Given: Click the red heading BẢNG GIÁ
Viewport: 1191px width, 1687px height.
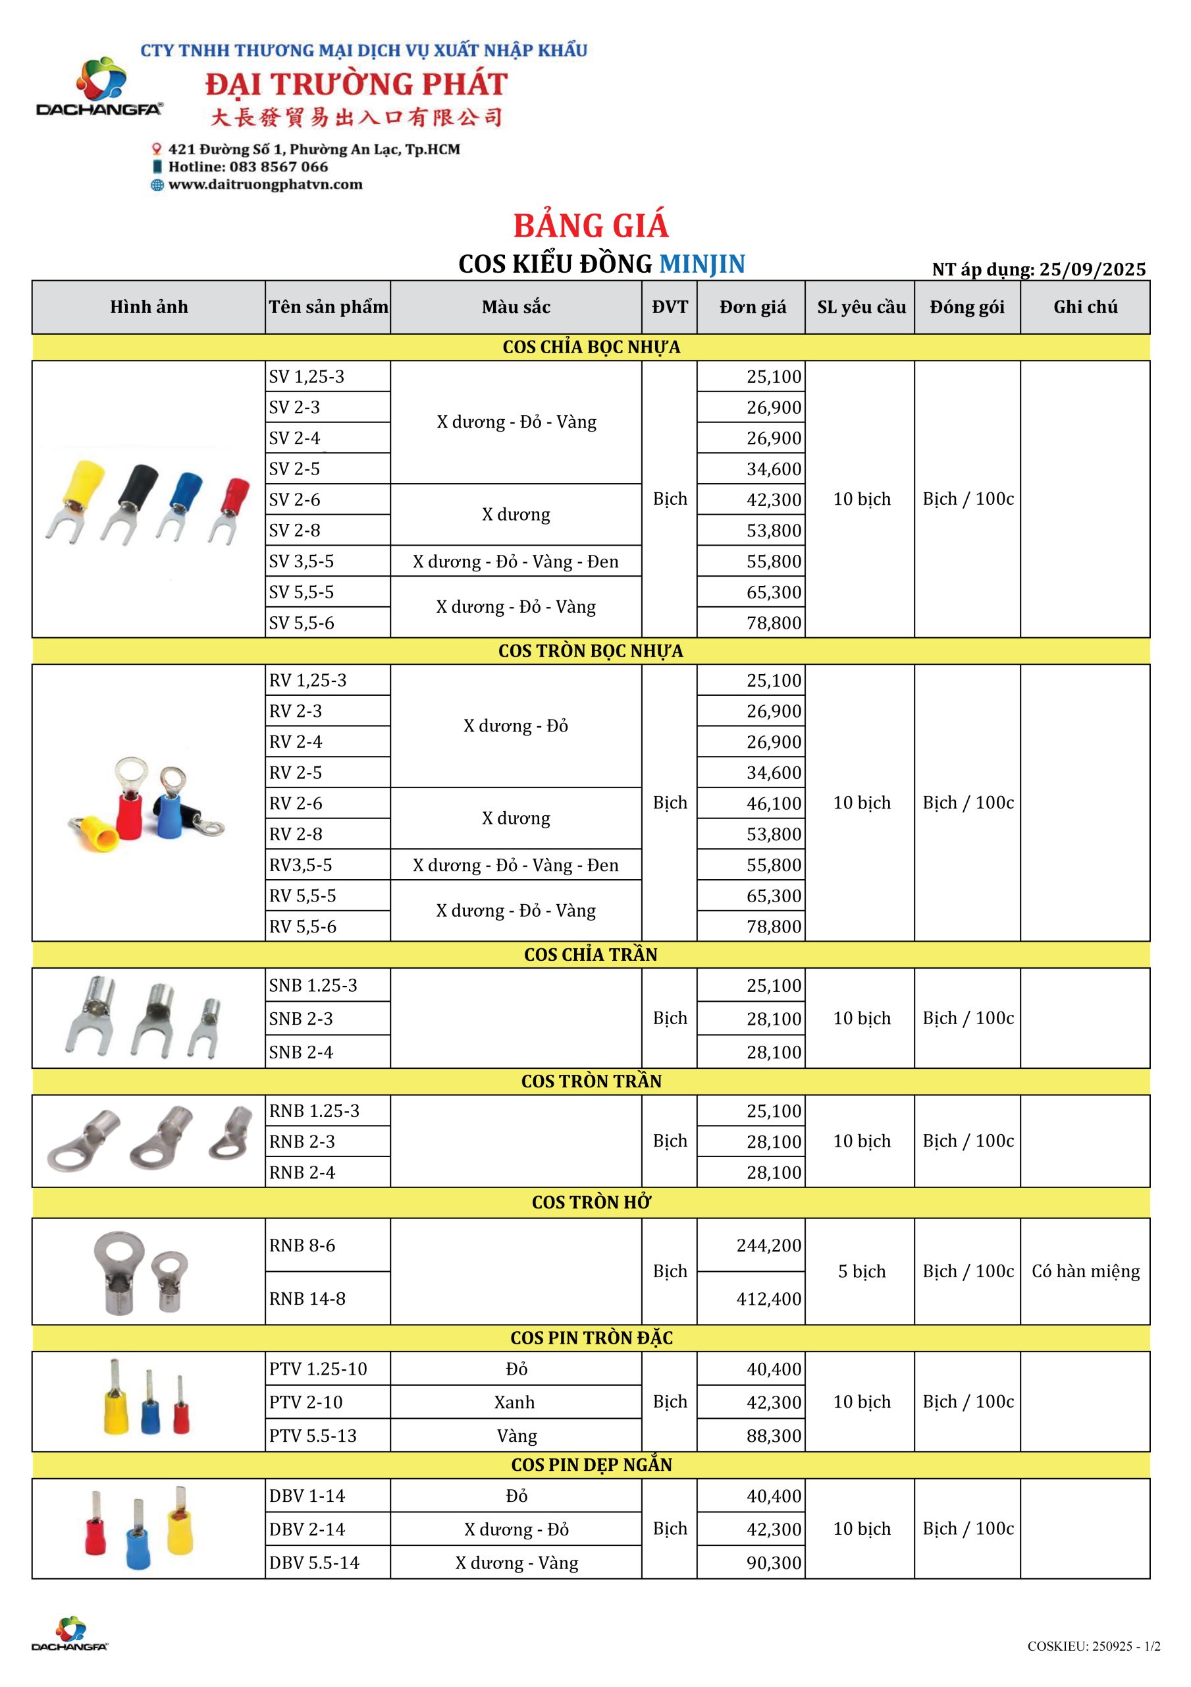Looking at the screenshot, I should pyautogui.click(x=591, y=225).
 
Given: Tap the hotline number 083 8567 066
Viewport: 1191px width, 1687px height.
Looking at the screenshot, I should pyautogui.click(x=278, y=167).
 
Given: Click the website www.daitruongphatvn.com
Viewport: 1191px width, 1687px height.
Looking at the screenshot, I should pyautogui.click(x=265, y=185).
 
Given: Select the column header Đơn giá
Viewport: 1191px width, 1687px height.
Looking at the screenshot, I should pyautogui.click(x=752, y=307).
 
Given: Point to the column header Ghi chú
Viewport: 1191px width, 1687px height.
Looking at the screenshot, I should pyautogui.click(x=1084, y=307).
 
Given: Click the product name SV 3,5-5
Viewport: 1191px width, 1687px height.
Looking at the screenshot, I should pyautogui.click(x=301, y=561).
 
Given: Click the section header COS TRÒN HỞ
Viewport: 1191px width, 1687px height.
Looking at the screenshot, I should pyautogui.click(x=591, y=1202).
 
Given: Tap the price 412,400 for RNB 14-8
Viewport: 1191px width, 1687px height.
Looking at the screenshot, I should pyautogui.click(x=768, y=1298).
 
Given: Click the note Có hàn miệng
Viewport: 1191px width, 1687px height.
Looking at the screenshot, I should pyautogui.click(x=1084, y=1271).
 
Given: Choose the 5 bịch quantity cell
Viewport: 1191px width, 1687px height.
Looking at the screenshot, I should pyautogui.click(x=861, y=1271).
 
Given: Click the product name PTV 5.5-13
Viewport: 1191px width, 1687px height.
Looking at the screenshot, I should pyautogui.click(x=313, y=1435).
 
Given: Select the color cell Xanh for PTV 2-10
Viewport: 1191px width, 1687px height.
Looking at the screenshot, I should pyautogui.click(x=514, y=1402).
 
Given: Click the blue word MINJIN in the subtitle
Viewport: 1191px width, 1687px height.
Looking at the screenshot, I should pyautogui.click(x=701, y=264).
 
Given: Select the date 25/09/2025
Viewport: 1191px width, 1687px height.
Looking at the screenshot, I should pyautogui.click(x=1092, y=270).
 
